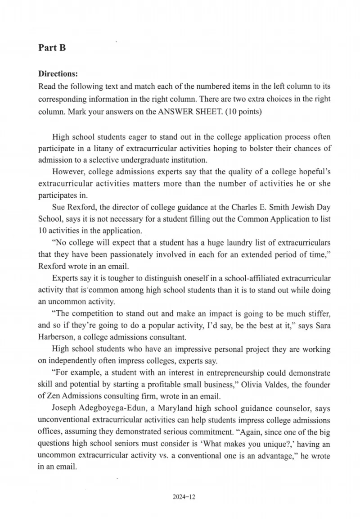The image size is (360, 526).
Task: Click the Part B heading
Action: click(52, 48)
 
